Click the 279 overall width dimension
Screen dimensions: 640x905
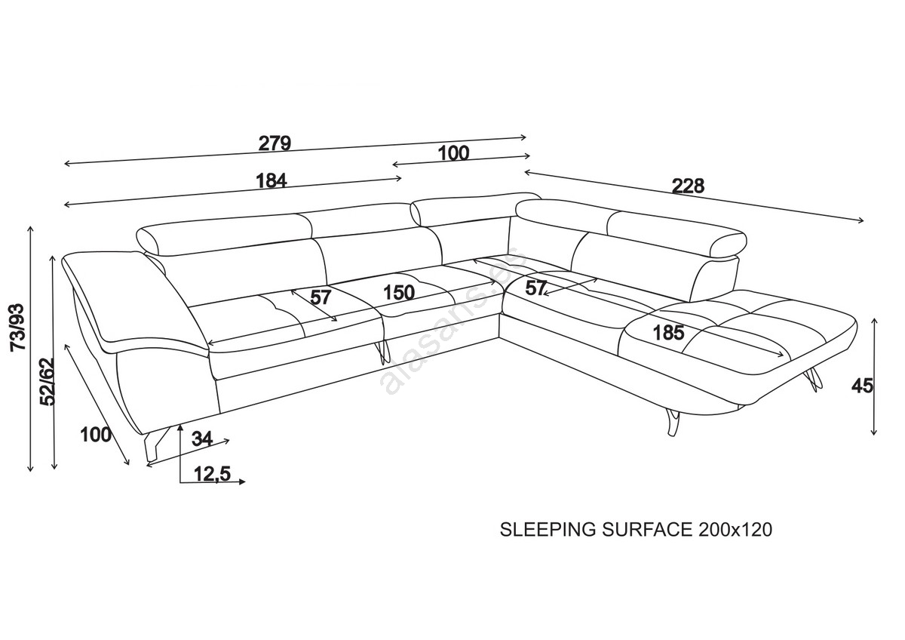[275, 143]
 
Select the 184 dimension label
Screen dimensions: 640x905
[271, 181]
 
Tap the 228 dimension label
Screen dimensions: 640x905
[687, 186]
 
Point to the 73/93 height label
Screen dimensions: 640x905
[16, 326]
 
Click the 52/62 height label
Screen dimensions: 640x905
[47, 382]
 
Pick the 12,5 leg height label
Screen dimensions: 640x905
[211, 474]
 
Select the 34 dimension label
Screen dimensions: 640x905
[201, 438]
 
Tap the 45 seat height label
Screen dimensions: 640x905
[862, 386]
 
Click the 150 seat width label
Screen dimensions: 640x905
[397, 293]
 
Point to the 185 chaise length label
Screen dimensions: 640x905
[669, 331]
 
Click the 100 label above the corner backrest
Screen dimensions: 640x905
[453, 153]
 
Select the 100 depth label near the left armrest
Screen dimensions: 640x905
[95, 435]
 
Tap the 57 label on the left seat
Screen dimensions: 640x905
[321, 297]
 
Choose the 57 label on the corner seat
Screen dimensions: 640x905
[536, 288]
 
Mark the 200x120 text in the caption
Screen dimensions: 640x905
[735, 530]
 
